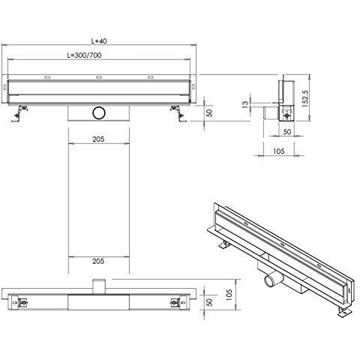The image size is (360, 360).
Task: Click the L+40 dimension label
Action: click(99, 40)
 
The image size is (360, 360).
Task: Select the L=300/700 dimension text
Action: click(85, 55)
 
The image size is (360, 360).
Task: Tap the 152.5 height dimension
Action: click(305, 99)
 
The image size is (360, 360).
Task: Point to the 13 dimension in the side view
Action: click(245, 103)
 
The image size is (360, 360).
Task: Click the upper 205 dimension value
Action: click(98, 139)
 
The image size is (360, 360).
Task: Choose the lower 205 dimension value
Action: click(98, 261)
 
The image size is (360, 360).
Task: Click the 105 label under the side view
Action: click(279, 151)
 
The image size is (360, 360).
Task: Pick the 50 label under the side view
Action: click(287, 132)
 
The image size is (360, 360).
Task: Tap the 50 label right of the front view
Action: click(210, 113)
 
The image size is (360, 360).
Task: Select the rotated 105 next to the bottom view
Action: click(229, 295)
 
